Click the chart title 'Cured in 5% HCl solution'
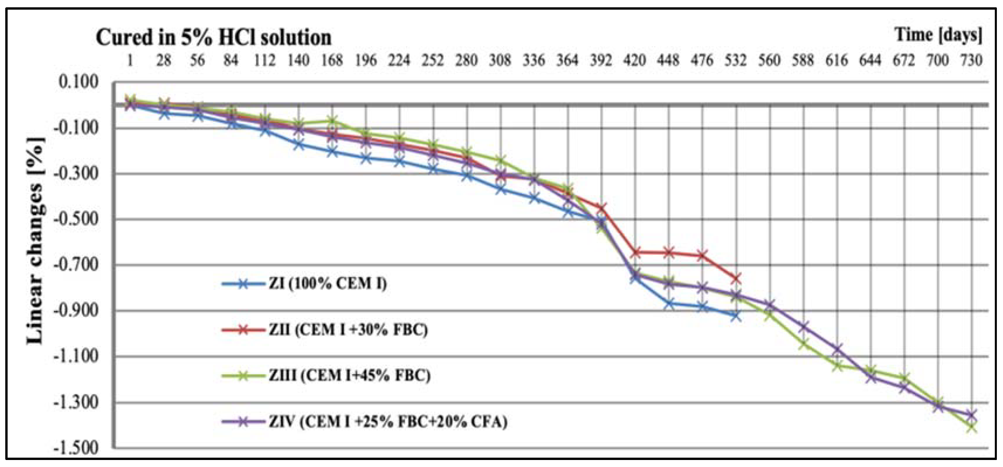click(x=213, y=38)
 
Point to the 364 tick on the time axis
click(x=567, y=60)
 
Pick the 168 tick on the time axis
click(x=332, y=60)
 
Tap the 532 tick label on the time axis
click(x=735, y=60)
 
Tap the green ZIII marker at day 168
click(x=332, y=120)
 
